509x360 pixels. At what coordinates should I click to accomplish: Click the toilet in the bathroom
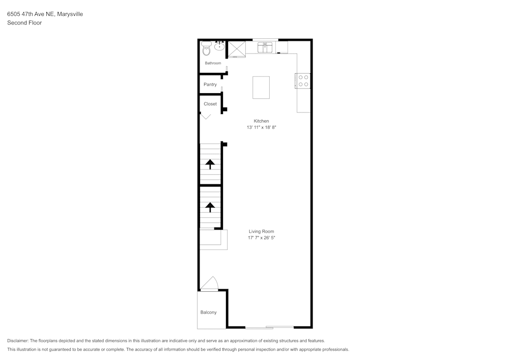coord(206,49)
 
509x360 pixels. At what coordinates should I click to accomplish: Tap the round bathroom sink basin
coord(220,47)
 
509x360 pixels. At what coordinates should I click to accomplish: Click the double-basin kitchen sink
coord(265,48)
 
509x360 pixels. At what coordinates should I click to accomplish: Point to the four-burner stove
coord(303,80)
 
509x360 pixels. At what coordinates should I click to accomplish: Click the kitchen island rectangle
coord(261,87)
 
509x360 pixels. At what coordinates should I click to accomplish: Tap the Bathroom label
coord(213,63)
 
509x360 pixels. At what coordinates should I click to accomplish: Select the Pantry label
coord(210,85)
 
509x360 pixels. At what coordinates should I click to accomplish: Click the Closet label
coord(210,104)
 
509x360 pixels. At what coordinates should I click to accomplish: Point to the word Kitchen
coord(261,121)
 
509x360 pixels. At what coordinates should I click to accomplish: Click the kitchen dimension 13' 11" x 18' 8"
coord(261,127)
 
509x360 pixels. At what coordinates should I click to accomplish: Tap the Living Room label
coord(261,232)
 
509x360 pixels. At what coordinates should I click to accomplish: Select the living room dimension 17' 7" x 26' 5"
coord(261,238)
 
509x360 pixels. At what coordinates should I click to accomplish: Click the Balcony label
coord(209,312)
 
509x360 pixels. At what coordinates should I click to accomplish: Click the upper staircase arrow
coord(209,164)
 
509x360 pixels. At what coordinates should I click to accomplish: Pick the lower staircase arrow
coord(209,207)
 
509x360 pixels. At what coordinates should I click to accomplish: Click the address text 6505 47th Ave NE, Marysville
coord(45,14)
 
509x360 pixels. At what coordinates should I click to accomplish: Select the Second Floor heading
coord(24,23)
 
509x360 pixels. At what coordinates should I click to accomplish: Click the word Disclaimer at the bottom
coord(18,341)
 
